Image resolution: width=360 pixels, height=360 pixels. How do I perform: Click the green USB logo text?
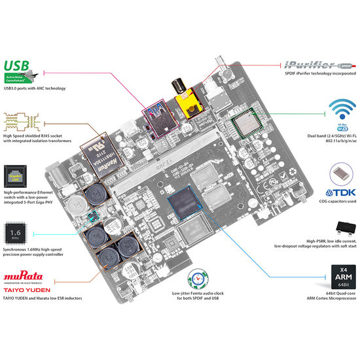point(18,66)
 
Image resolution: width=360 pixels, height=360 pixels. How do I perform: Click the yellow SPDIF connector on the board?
point(190,102)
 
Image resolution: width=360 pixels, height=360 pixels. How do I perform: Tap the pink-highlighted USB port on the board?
point(159,122)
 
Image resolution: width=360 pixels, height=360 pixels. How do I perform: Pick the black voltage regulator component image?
point(342,227)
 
